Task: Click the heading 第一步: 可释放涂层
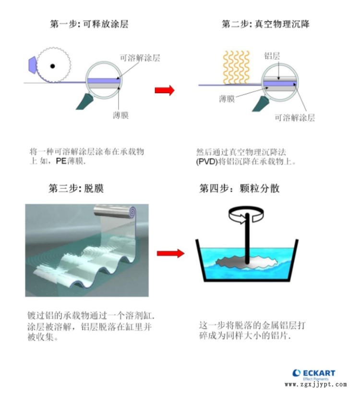coord(89,24)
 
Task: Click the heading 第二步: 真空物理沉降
coord(265,24)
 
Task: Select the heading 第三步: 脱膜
coord(76,188)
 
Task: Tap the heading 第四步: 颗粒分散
coord(239,188)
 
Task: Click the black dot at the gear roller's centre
coord(53,66)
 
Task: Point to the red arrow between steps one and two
coord(165,90)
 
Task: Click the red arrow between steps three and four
coord(170,253)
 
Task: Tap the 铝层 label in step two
coord(272,56)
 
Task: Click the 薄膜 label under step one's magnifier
coord(121,115)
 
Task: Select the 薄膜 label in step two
coord(227,99)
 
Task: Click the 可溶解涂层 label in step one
coord(140,58)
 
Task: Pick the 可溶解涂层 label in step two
coord(295,117)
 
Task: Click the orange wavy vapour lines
coord(236,67)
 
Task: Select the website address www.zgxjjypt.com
coord(316,384)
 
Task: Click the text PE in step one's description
coord(61,160)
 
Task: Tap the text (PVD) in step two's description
coord(206,161)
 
